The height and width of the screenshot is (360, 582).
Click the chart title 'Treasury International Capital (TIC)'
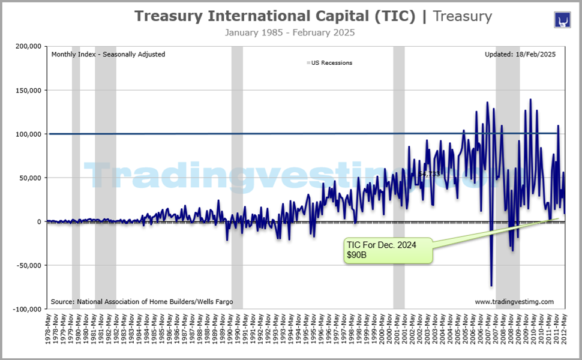tap(274, 16)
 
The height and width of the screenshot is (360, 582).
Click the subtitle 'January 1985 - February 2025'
tap(290, 32)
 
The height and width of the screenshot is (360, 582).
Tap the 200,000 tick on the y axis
tap(28, 46)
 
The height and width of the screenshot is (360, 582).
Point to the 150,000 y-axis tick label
tap(28, 90)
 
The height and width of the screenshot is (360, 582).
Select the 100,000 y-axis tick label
tap(28, 134)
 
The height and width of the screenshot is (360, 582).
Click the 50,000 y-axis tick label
tap(29, 178)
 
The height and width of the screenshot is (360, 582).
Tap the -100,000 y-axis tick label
tap(26, 309)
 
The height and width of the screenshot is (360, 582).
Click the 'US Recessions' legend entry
tap(331, 62)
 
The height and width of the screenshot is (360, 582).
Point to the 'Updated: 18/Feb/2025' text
tap(520, 54)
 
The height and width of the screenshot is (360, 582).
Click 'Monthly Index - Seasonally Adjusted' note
tap(108, 54)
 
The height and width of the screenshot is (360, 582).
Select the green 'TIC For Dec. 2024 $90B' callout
tap(388, 250)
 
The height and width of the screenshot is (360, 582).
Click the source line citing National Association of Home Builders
tap(142, 301)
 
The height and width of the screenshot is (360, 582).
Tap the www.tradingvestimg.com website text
tap(514, 301)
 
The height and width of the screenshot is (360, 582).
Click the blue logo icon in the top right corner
tap(562, 19)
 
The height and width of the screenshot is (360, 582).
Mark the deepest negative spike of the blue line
tap(491, 286)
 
